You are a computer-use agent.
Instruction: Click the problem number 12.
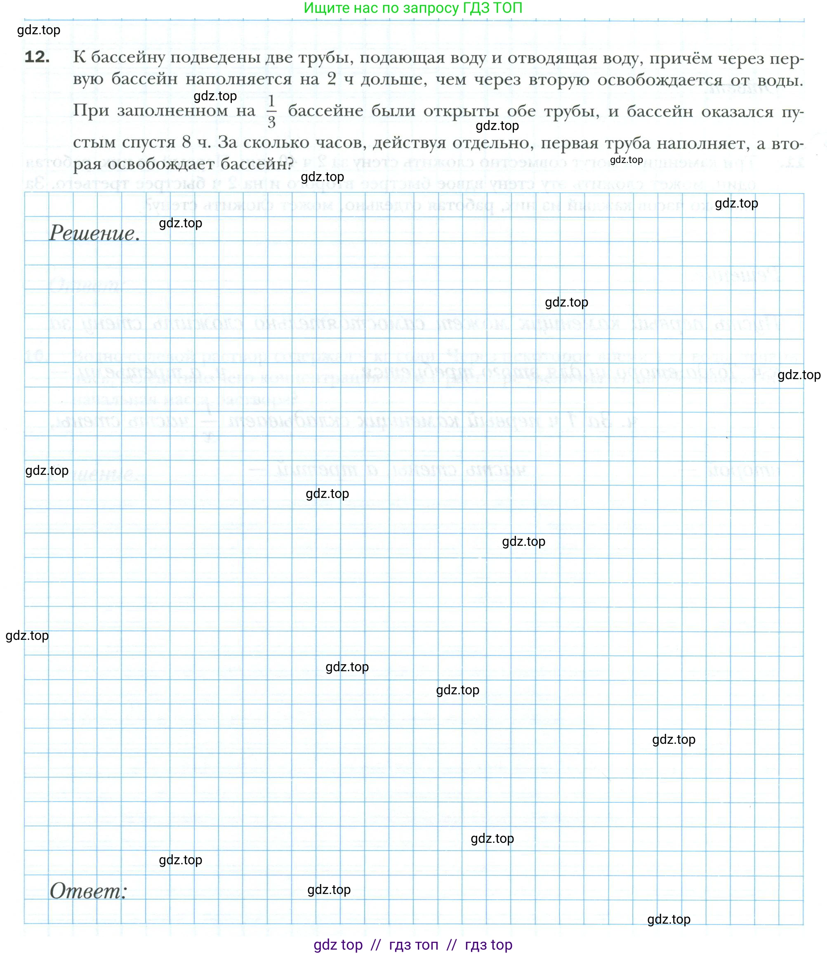pos(37,57)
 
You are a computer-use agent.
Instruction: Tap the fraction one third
pos(271,111)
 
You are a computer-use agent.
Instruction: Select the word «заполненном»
pos(186,111)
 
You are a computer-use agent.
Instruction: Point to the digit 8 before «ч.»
pos(186,142)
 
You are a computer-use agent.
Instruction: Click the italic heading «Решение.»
pos(94,233)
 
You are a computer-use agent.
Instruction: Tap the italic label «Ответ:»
pos(88,891)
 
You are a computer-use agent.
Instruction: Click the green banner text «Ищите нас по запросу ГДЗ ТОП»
pos(413,8)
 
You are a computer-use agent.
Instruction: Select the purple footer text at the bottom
pos(413,944)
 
